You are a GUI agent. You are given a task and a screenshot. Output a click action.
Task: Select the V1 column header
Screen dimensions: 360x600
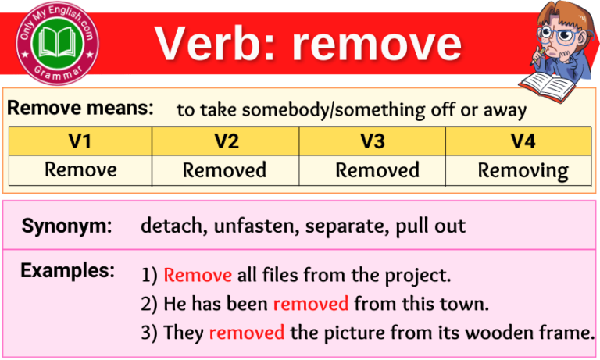tap(80, 141)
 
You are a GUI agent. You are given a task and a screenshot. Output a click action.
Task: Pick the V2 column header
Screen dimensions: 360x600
tap(225, 141)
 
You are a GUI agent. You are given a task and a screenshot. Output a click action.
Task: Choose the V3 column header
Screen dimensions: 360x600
tap(372, 141)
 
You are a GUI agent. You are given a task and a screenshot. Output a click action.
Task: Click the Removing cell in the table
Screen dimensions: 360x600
tap(523, 170)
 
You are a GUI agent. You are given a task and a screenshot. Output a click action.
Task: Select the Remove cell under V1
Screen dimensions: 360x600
tap(80, 169)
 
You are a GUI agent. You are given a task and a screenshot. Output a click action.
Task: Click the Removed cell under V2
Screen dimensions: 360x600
tap(225, 170)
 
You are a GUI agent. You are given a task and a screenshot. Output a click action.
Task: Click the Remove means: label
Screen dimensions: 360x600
tap(80, 109)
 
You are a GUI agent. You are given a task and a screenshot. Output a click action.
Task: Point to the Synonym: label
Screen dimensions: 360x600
tap(66, 226)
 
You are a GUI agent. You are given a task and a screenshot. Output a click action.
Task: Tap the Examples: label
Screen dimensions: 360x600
tap(68, 271)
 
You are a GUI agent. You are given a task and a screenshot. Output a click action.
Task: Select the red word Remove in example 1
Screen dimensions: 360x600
tap(198, 275)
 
